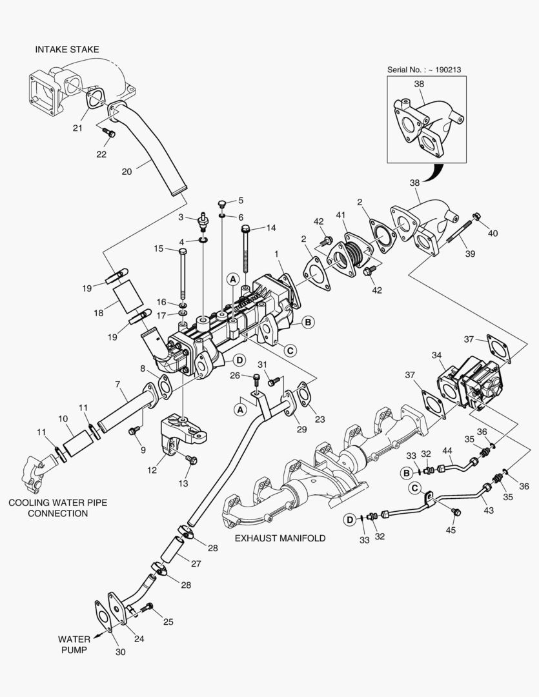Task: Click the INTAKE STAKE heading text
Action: pos(67,50)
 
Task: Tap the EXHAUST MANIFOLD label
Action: pos(280,538)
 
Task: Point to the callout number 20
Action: pos(127,172)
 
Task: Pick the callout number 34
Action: pos(437,355)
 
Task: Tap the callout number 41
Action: pos(341,215)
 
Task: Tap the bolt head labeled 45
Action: pos(458,512)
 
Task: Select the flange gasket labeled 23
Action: pos(301,395)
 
